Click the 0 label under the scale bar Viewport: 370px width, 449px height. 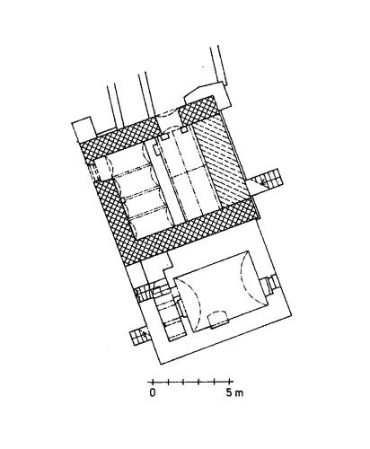point(153,392)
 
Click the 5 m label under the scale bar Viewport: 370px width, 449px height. point(234,392)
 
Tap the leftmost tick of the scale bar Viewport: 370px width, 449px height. point(153,382)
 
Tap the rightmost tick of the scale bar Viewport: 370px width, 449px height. point(230,382)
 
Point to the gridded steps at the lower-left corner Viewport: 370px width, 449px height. point(138,337)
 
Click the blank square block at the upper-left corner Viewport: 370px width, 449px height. point(84,130)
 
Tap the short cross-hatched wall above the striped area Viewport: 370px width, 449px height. point(198,110)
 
